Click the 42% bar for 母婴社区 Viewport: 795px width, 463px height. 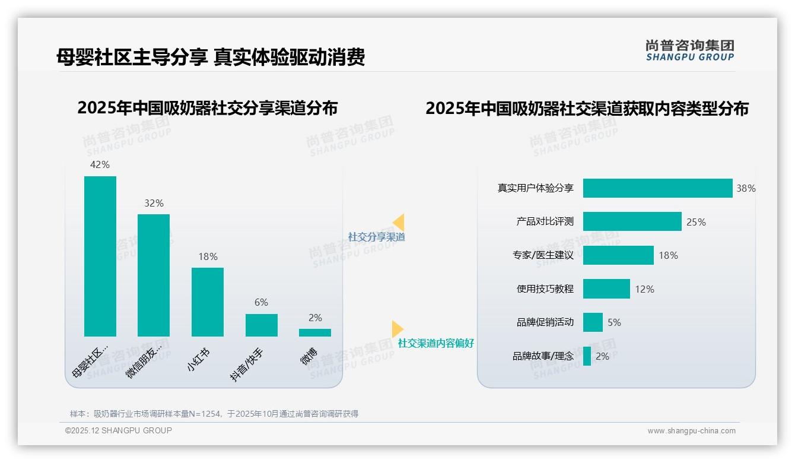pyautogui.click(x=100, y=256)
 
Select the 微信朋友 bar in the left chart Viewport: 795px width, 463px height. pyautogui.click(x=154, y=275)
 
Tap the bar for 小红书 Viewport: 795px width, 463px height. pyautogui.click(x=208, y=302)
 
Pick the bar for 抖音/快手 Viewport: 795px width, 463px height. pyautogui.click(x=262, y=325)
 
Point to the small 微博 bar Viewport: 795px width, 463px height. pyautogui.click(x=315, y=332)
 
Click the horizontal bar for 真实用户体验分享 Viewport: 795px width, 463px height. pyautogui.click(x=657, y=188)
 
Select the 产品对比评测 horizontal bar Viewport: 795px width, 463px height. pyautogui.click(x=632, y=221)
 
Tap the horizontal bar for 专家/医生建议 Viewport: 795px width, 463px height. pyautogui.click(x=618, y=255)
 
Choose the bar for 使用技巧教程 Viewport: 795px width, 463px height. pyautogui.click(x=606, y=289)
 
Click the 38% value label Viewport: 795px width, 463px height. pyautogui.click(x=746, y=188)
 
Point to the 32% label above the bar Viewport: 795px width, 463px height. pyautogui.click(x=154, y=203)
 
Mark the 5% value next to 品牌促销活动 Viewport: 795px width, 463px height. pyautogui.click(x=614, y=322)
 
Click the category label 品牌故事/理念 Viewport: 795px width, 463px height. pyautogui.click(x=543, y=356)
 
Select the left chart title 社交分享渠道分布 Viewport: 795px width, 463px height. pyautogui.click(x=207, y=108)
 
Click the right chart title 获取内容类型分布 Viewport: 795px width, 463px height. pyautogui.click(x=587, y=109)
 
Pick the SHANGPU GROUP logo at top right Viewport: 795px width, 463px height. pyautogui.click(x=690, y=50)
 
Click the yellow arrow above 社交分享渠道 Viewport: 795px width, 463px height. pyautogui.click(x=398, y=222)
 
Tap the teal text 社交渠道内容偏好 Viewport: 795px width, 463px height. pyautogui.click(x=436, y=343)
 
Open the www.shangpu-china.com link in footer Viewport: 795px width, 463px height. pyautogui.click(x=691, y=431)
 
